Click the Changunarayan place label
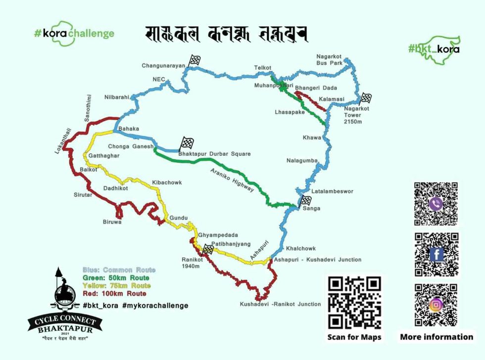point(163,65)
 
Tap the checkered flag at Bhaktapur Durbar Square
point(186,143)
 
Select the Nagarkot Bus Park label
point(329,60)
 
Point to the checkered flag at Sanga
point(306,200)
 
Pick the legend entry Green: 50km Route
point(116,278)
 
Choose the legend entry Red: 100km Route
point(114,293)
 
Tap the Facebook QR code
point(436,254)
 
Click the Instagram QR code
point(436,305)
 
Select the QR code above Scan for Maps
point(354,302)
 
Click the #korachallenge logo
point(74,33)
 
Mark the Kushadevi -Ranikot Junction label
point(280,304)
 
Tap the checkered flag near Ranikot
point(208,250)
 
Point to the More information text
point(436,337)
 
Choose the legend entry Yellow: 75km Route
point(116,285)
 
